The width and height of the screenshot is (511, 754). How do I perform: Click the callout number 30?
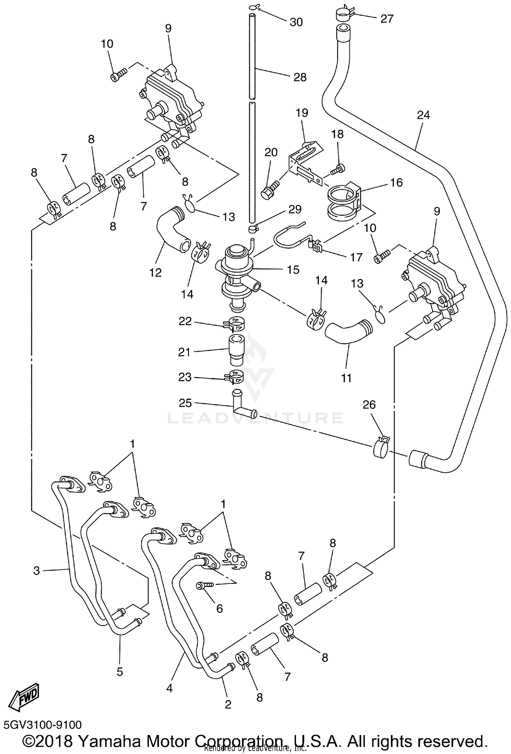[x=296, y=22]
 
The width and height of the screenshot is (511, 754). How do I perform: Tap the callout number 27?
[x=387, y=18]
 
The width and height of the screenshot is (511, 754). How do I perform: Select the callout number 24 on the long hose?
[x=423, y=115]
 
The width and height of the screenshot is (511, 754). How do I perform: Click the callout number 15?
[x=293, y=269]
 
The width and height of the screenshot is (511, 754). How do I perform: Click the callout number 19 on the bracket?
[x=302, y=113]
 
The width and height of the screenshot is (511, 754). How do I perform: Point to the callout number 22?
[x=185, y=321]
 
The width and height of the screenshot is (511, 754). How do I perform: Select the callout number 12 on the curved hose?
[x=155, y=273]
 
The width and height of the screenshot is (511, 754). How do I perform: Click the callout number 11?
[x=346, y=378]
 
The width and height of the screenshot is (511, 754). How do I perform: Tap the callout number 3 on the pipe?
[x=36, y=570]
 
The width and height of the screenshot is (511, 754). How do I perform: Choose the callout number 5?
[x=120, y=672]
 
